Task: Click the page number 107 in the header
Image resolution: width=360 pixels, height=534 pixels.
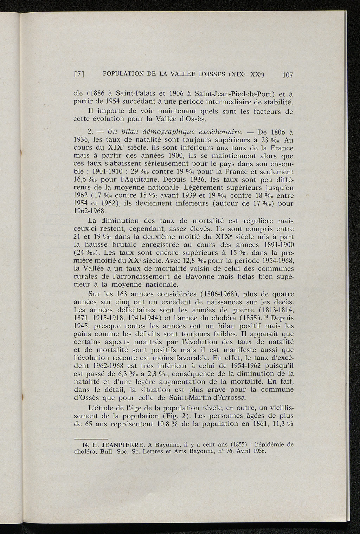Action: [x=287, y=75]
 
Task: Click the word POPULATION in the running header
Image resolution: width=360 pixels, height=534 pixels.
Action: [x=122, y=74]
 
